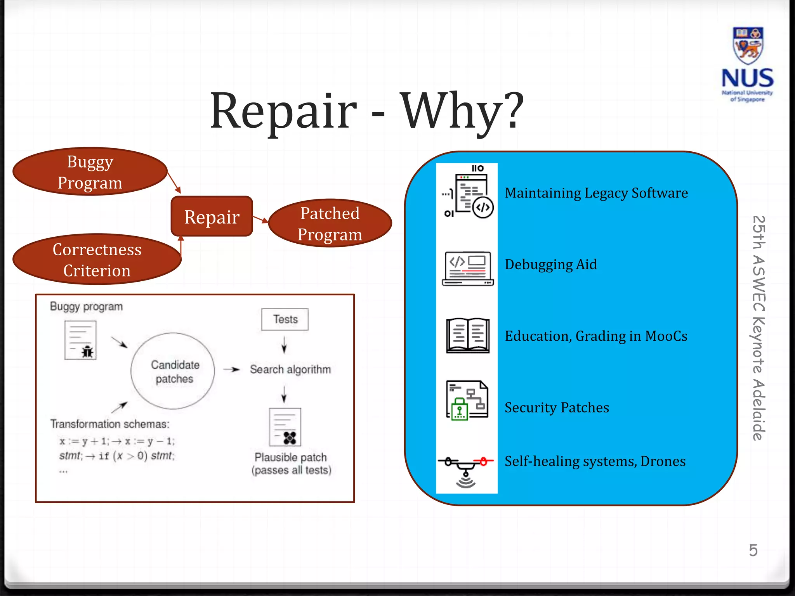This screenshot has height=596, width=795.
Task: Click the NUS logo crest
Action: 748,46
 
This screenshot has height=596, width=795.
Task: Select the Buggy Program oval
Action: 90,172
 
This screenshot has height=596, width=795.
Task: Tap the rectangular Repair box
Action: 212,217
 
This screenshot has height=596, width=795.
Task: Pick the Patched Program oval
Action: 330,223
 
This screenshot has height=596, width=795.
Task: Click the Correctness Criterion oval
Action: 97,259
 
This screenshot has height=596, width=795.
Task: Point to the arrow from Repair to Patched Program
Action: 260,220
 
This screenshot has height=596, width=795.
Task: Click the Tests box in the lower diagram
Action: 285,319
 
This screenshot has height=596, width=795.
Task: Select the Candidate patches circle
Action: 173,371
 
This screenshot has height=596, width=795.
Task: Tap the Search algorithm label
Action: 290,369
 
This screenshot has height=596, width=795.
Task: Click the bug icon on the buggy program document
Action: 88,352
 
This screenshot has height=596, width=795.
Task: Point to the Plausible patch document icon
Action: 285,427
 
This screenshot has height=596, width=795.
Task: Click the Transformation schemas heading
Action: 110,424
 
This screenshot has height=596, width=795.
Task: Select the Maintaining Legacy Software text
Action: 596,193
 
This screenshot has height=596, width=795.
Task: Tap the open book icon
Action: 468,336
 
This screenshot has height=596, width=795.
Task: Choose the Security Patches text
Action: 557,407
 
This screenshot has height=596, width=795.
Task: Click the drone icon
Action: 466,470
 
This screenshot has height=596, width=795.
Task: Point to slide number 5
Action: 753,550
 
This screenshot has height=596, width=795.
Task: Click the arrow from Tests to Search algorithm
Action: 284,345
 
